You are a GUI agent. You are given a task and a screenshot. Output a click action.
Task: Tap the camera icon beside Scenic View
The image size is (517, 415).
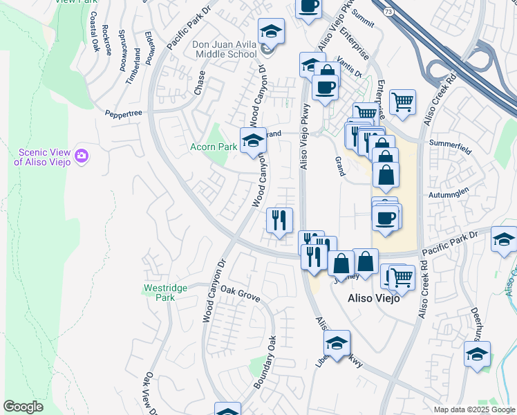click(82, 156)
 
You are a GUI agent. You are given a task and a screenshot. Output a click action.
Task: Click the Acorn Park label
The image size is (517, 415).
click(214, 147)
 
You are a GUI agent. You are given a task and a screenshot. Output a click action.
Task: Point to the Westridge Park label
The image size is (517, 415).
click(160, 292)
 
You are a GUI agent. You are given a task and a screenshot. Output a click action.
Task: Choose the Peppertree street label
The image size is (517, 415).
click(123, 113)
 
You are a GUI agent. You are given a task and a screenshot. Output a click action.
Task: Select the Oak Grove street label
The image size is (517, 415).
click(239, 294)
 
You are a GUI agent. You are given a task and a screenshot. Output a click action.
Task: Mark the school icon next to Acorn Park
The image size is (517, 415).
click(253, 140)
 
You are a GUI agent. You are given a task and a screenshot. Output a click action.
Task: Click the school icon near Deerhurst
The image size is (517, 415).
click(477, 354)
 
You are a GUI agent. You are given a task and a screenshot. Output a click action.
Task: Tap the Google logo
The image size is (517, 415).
click(23, 407)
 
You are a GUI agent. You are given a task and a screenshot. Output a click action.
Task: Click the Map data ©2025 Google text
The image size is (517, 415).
click(473, 409)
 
